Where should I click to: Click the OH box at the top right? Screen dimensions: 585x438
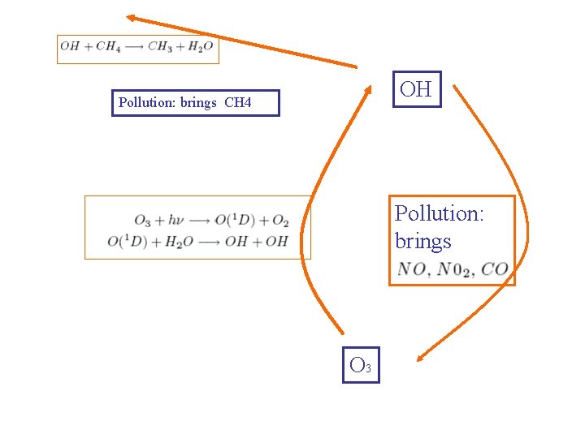coord(417,89)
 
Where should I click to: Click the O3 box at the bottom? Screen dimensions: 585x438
coord(361,365)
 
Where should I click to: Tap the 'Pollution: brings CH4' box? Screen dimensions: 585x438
coord(195,103)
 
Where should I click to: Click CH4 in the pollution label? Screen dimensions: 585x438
coord(238,103)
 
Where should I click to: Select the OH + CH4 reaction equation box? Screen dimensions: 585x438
coord(138,48)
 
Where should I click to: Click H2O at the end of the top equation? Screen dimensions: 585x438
coord(200,47)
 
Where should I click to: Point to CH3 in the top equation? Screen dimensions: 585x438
coord(163,47)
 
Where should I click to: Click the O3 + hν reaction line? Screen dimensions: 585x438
coord(211,221)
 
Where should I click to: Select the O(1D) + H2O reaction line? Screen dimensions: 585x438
coord(197,242)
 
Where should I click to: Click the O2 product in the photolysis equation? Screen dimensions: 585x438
coord(280,221)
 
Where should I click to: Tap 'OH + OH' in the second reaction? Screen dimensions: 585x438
coord(265,242)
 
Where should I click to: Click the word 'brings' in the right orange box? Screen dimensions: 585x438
coord(422,242)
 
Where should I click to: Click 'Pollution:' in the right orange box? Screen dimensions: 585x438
coord(439,214)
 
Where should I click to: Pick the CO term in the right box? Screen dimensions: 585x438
coord(495,269)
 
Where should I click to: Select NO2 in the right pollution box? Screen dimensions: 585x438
coord(455,269)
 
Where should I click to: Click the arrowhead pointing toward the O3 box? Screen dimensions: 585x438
coord(421,356)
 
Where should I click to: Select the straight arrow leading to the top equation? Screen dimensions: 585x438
coord(244,41)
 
